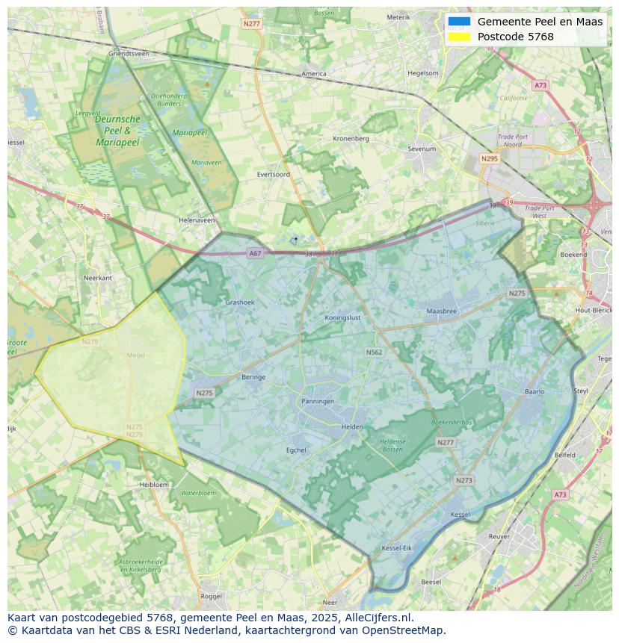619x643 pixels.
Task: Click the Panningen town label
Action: pos(318,401)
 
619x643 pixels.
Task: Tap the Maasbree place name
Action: pos(441,311)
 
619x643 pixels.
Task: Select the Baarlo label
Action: pos(535,391)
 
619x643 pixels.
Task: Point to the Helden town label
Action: pos(352,427)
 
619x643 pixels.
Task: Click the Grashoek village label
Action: pos(240,302)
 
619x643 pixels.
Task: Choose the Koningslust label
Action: pos(343,317)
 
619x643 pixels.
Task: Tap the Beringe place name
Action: pos(253,377)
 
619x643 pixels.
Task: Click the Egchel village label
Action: pos(296,450)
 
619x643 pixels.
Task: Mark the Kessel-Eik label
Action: pos(396,548)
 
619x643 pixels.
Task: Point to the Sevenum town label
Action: pos(422,149)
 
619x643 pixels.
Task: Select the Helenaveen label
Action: pos(197,220)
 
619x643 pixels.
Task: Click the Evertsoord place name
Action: pos(273,174)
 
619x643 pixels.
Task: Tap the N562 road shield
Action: pos(374,352)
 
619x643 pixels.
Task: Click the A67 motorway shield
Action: pos(256,254)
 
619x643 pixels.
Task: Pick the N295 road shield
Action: pos(490,159)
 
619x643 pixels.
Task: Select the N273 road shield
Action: pos(464,480)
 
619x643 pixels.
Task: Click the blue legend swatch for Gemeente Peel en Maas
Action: pos(459,22)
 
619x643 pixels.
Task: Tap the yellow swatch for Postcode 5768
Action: pos(459,37)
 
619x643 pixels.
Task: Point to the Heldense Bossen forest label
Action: pos(393,445)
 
